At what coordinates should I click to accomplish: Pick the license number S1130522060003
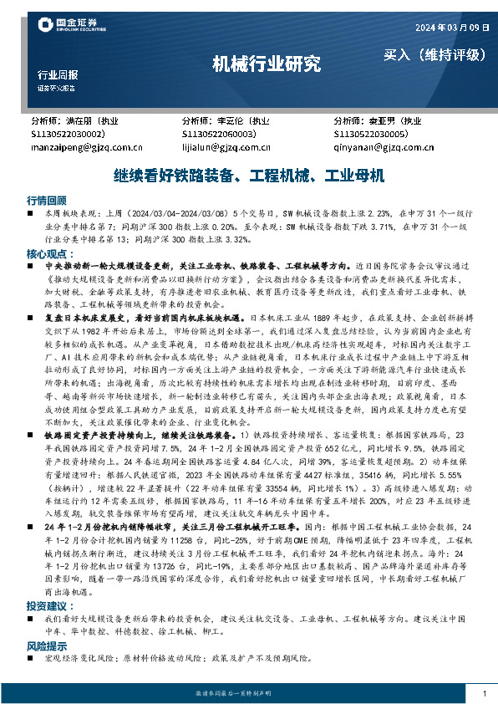[x=219, y=134]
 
